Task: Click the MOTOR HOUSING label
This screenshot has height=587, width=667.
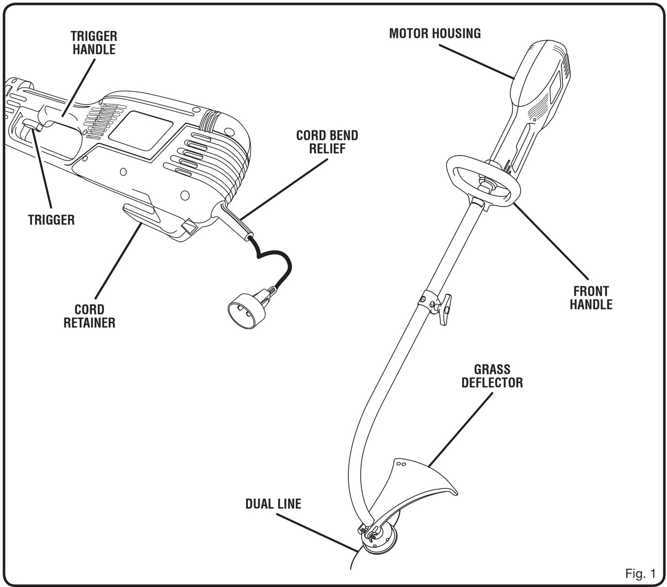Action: click(435, 34)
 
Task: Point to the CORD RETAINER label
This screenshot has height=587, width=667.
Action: click(96, 316)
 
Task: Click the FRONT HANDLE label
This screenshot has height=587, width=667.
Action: click(591, 298)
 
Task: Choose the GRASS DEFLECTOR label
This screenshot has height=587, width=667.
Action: click(492, 376)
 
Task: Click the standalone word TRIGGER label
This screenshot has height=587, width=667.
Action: click(51, 219)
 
